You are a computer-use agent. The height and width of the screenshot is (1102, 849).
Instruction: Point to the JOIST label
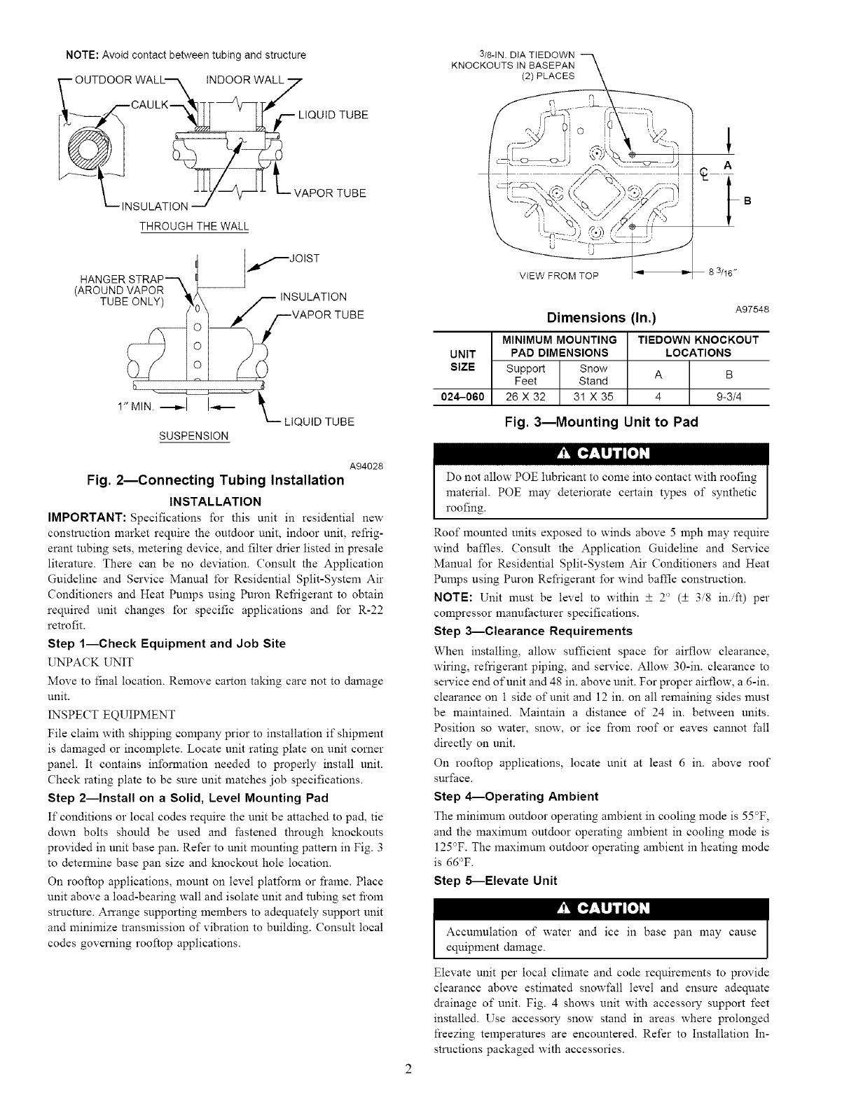303,258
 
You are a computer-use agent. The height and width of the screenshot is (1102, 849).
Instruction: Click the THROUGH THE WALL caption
194,226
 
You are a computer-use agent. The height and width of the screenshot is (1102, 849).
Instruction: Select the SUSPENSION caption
194,436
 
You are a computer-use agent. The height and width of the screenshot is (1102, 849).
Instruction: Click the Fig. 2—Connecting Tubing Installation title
215,480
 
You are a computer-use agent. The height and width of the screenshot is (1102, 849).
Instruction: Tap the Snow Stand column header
593,375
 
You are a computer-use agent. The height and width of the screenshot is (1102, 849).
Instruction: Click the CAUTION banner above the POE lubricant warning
601,453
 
